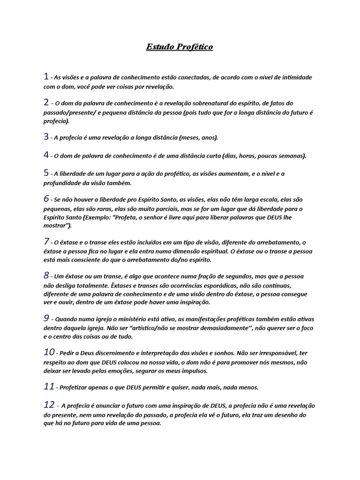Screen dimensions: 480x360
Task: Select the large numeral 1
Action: (x=46, y=76)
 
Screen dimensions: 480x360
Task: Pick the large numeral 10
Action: (x=49, y=352)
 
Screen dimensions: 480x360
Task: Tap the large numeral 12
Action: (x=49, y=404)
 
